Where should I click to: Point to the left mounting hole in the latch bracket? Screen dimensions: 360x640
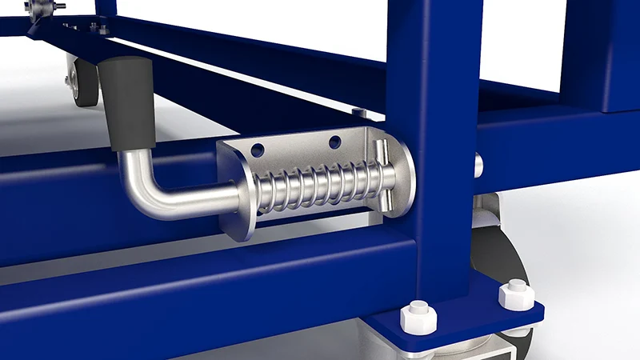tap(258, 150)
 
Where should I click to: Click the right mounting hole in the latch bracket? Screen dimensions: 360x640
tap(334, 142)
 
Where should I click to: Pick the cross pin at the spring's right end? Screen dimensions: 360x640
tap(382, 180)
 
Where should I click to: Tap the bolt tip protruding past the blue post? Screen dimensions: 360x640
tap(478, 166)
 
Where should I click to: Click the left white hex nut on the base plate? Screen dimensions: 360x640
tap(418, 318)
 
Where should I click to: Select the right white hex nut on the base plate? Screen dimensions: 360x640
tap(515, 294)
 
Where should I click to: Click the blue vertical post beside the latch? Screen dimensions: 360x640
tap(432, 120)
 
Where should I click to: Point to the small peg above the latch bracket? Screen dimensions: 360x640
tap(360, 113)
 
